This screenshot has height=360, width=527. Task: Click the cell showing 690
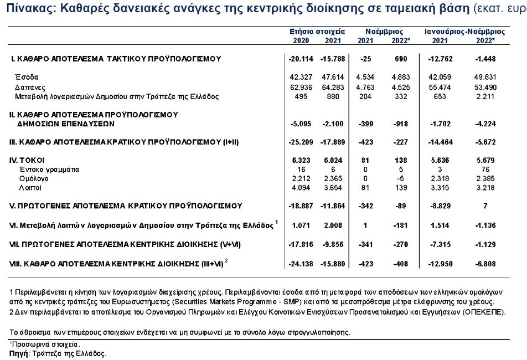click(x=401, y=59)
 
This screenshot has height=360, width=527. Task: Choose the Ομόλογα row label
click(x=34, y=178)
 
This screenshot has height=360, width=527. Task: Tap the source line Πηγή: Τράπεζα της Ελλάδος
click(x=58, y=353)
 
